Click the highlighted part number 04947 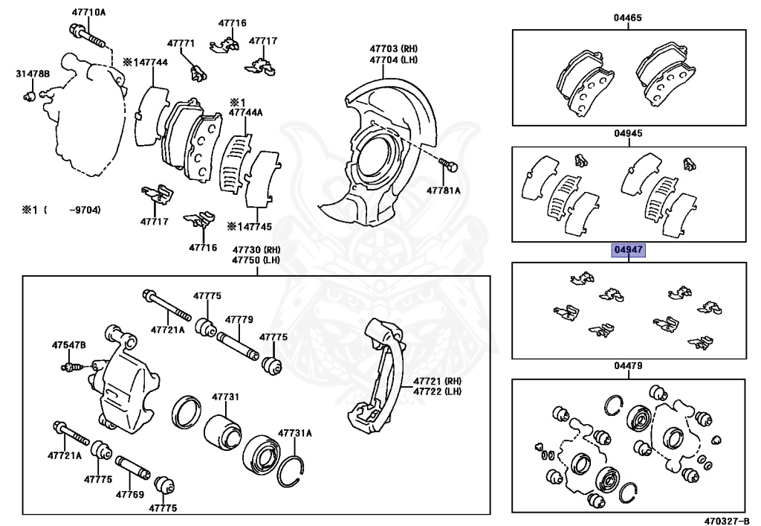[628, 251]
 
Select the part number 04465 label [628, 17]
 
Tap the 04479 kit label [628, 366]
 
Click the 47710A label [89, 13]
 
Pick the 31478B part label [33, 74]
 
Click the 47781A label [444, 190]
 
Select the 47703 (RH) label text [388, 48]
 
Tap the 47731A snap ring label [295, 433]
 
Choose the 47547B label [68, 345]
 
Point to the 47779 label [239, 320]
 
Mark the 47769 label [130, 493]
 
